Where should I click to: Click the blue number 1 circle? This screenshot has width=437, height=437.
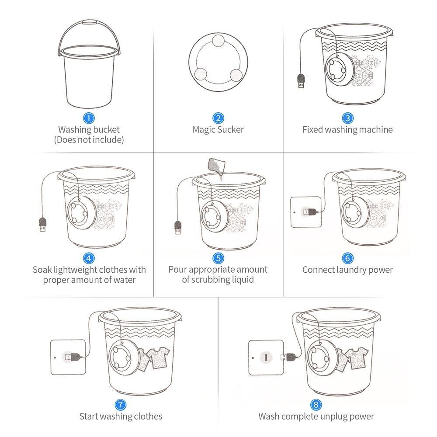click(x=89, y=118)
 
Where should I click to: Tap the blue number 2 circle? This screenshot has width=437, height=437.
click(x=218, y=118)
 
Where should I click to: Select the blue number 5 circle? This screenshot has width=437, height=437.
click(x=218, y=258)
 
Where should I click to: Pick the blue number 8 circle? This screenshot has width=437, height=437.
click(x=316, y=404)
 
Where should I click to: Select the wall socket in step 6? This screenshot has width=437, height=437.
click(x=306, y=212)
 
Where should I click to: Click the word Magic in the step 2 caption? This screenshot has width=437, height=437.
click(x=204, y=129)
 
